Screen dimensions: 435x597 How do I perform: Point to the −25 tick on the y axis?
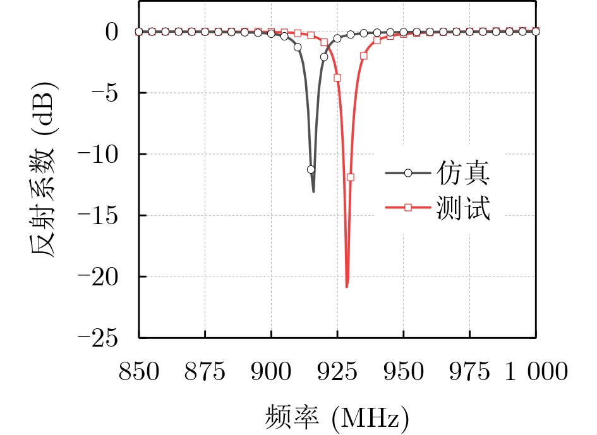pos(102,338)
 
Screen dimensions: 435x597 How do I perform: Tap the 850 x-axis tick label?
pos(138,372)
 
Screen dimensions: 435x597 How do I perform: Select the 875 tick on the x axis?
pos(205,372)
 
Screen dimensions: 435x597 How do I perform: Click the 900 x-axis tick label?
pos(271,372)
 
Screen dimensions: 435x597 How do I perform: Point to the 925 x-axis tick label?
pos(337,372)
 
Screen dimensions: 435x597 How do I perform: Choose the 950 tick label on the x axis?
pos(404,372)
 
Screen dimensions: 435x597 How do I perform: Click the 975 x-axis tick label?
pos(470,372)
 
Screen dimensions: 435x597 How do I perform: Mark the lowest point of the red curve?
pos(347,287)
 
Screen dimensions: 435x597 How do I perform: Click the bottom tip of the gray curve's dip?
pos(313,191)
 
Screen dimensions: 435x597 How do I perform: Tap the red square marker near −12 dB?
pos(351,177)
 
